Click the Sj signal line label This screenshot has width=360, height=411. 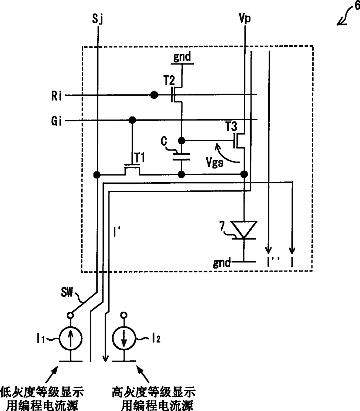[x=98, y=19]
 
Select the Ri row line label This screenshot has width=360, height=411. [x=56, y=95]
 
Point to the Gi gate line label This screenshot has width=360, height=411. [x=56, y=121]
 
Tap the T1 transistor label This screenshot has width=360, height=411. [x=140, y=158]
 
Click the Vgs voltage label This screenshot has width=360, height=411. [x=215, y=162]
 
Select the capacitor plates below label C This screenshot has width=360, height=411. [x=181, y=157]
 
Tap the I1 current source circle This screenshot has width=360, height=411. [x=71, y=339]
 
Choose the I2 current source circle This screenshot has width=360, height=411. [x=124, y=339]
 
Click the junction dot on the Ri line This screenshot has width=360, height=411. [x=154, y=95]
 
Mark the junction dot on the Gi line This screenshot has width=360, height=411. [x=132, y=120]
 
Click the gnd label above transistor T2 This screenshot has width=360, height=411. [x=182, y=57]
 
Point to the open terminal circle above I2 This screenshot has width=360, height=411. [x=124, y=315]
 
